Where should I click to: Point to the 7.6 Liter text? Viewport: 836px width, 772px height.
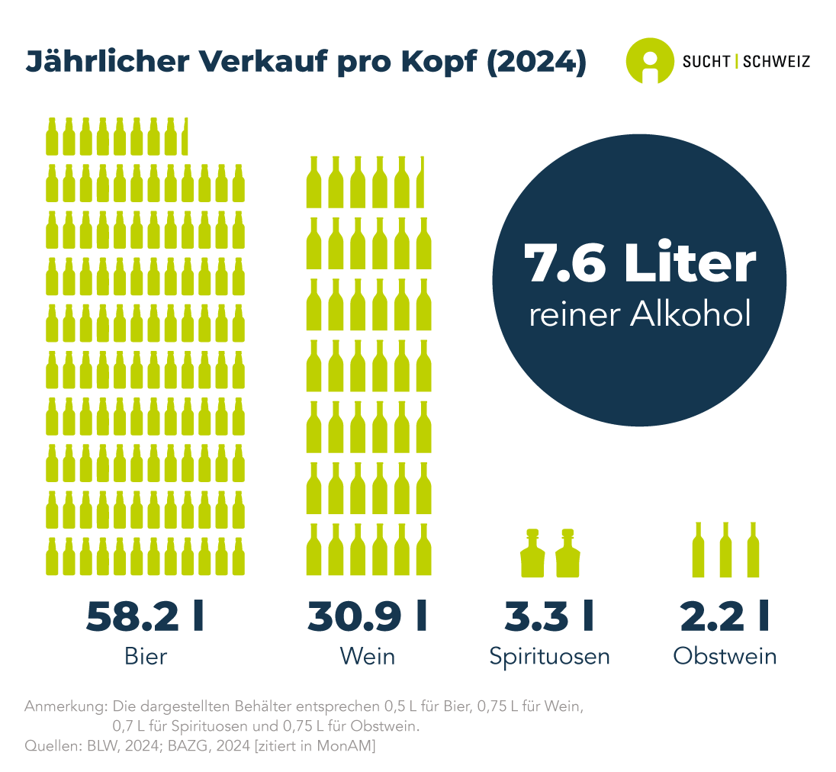(639, 264)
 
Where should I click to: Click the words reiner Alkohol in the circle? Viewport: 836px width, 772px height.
(639, 314)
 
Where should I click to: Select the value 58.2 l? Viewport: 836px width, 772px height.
(145, 617)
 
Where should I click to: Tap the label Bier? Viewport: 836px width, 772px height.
(145, 656)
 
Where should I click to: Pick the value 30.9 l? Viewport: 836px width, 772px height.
(368, 617)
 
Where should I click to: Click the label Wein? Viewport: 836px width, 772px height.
(368, 656)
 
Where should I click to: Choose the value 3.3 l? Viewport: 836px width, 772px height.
(549, 617)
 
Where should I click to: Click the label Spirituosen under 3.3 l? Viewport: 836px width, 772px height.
(549, 656)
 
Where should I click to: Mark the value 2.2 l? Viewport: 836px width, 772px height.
(725, 617)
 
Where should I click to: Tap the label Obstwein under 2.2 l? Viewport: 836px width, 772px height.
(725, 656)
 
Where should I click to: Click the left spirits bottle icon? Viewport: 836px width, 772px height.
(532, 554)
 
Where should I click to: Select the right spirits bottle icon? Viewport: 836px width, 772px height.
(568, 554)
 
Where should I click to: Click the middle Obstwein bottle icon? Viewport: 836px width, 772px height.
(725, 550)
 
